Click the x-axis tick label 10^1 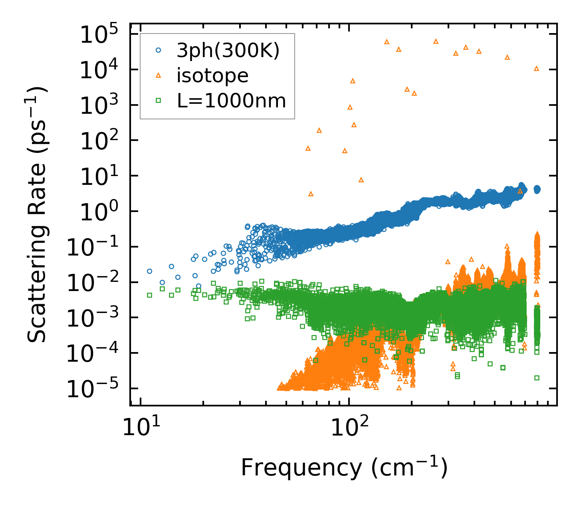point(140,429)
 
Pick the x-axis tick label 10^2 point(348,429)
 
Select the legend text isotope point(213,75)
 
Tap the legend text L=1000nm point(232,101)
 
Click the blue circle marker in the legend point(159,50)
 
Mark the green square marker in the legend point(159,101)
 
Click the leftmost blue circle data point point(149,271)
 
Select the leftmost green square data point point(149,295)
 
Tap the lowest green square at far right point(537,378)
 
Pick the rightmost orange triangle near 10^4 point(536,68)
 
